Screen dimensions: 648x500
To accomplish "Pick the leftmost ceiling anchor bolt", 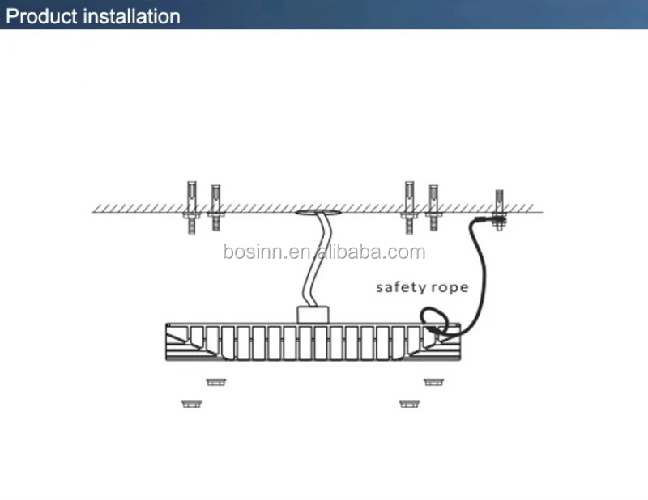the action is pos(191,208).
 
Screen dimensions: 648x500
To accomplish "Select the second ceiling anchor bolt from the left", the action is pos(215,208).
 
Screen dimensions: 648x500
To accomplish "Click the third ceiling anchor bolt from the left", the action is pos(410,208).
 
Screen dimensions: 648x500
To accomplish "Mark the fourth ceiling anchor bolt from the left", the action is pos(433,208).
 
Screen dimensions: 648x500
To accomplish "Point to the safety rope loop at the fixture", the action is pos(433,320).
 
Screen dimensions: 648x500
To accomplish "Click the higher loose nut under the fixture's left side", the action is pos(215,381).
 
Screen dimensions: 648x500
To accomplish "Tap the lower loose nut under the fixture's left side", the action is pos(191,402).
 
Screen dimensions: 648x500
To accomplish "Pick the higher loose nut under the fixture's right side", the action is pos(433,381).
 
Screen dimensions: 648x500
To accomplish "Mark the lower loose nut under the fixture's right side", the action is pos(409,402).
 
